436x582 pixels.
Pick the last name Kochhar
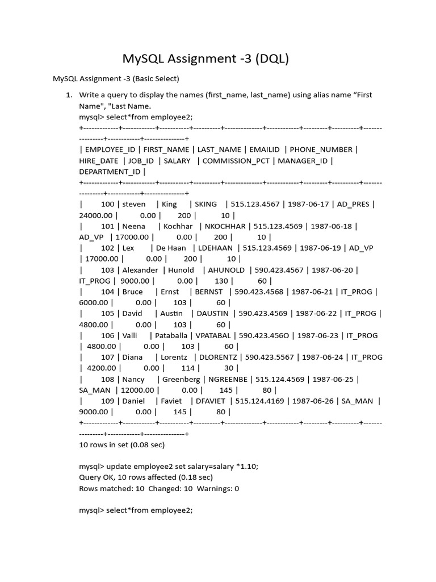click(179, 226)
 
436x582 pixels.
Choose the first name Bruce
click(132, 292)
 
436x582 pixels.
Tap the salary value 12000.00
click(138, 390)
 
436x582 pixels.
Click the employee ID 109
click(108, 401)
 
